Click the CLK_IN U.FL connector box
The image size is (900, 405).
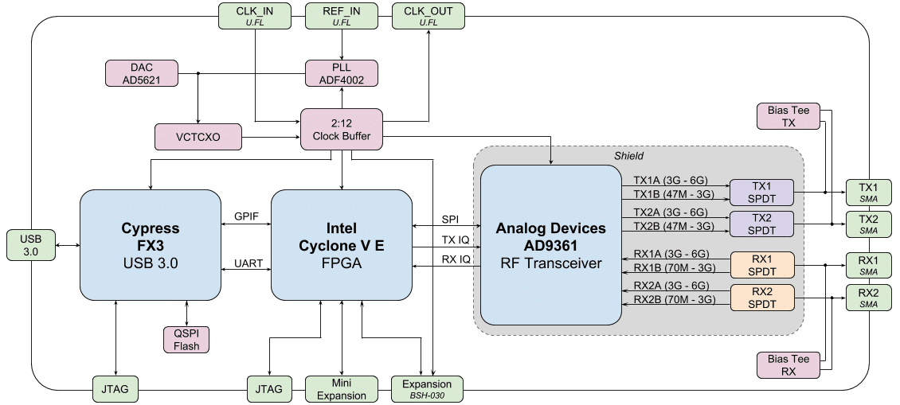(254, 16)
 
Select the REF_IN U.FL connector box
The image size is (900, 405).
(342, 16)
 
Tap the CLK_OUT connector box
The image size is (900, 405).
(428, 16)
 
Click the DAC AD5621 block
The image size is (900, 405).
(140, 73)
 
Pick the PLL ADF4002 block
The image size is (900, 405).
(342, 73)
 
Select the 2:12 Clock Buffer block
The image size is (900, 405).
(342, 128)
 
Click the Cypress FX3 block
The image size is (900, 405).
(151, 245)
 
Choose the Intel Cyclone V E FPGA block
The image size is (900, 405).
(341, 245)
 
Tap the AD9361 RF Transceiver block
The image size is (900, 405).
(550, 245)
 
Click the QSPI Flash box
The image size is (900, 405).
(186, 340)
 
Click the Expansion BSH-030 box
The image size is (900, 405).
(427, 389)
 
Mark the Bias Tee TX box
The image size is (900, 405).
(788, 116)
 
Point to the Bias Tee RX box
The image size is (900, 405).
(788, 364)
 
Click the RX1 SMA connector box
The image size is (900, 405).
(868, 266)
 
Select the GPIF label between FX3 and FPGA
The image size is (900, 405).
(246, 216)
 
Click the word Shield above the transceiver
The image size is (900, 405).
(628, 156)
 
